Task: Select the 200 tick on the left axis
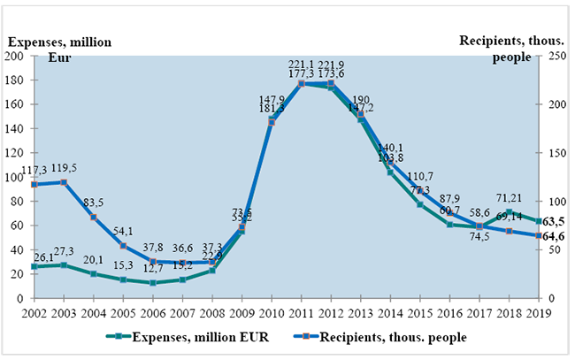16,57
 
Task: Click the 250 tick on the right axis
553,57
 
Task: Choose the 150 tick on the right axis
553,153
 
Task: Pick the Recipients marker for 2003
64,182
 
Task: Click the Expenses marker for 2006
152,283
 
